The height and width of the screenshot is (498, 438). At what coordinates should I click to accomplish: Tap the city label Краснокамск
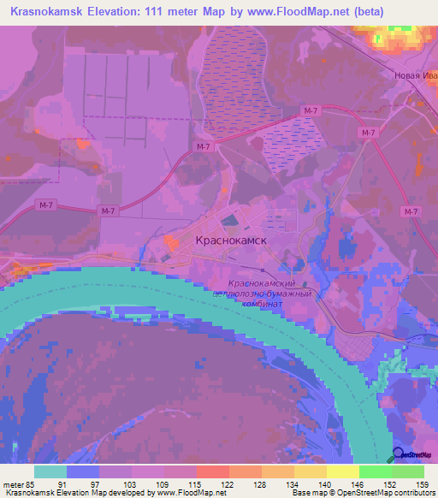pos(232,241)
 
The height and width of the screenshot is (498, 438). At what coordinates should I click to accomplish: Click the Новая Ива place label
pos(415,75)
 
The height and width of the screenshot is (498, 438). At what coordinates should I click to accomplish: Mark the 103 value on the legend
pos(130,484)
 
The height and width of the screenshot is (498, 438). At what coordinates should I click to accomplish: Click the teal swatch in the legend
pos(50,471)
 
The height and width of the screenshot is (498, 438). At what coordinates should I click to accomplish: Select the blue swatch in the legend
pos(83,471)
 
